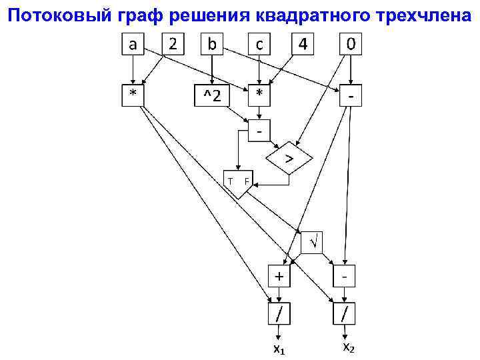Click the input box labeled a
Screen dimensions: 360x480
(133, 45)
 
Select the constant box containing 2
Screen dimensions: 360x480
(173, 45)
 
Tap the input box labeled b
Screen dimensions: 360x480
(212, 45)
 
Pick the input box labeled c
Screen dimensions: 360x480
(259, 45)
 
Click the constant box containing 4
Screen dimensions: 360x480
(303, 45)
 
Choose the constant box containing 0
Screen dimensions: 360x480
(351, 45)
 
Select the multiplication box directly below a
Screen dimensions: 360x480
(133, 95)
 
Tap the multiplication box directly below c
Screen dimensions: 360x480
(259, 95)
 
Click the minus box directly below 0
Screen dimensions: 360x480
(351, 95)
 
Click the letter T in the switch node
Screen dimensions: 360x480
(230, 181)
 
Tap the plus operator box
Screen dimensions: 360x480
(279, 274)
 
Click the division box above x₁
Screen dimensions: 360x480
(279, 312)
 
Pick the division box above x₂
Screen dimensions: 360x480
(345, 312)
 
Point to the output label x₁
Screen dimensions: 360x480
(279, 349)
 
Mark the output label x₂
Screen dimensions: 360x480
(349, 347)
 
